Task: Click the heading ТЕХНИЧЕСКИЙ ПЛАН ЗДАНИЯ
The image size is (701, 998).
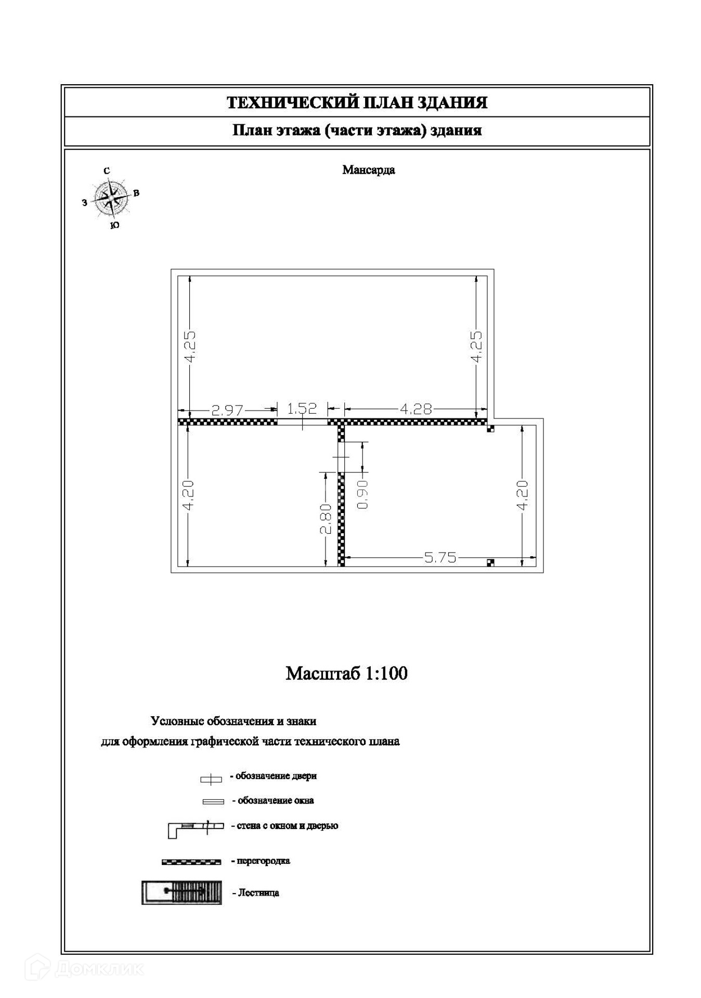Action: (x=357, y=102)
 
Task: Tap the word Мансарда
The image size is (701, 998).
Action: (x=368, y=170)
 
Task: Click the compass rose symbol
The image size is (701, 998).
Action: (x=111, y=198)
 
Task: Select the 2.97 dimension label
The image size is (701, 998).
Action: (x=228, y=410)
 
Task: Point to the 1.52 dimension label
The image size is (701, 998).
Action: (x=302, y=408)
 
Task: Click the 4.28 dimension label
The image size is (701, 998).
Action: (x=416, y=409)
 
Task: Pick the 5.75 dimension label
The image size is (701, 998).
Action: (x=440, y=558)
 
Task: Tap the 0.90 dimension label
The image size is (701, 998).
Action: (x=363, y=494)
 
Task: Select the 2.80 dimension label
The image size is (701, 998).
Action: (x=326, y=519)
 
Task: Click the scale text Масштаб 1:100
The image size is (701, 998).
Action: (x=346, y=673)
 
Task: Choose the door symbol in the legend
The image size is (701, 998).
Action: (x=211, y=779)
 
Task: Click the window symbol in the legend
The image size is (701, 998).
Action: (x=213, y=802)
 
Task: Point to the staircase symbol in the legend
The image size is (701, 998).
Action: (x=181, y=892)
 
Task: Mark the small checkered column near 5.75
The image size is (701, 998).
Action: (x=490, y=562)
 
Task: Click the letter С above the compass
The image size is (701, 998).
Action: (x=107, y=171)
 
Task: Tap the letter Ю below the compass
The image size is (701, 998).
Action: (x=115, y=225)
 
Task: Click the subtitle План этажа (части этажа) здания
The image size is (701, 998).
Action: (x=357, y=130)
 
